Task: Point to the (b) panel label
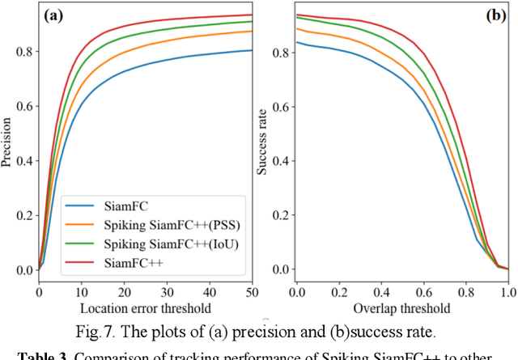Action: point(492,15)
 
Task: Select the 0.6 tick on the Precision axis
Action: point(25,106)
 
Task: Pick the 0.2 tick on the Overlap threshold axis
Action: point(339,290)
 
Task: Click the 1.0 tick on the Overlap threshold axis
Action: point(507,290)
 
